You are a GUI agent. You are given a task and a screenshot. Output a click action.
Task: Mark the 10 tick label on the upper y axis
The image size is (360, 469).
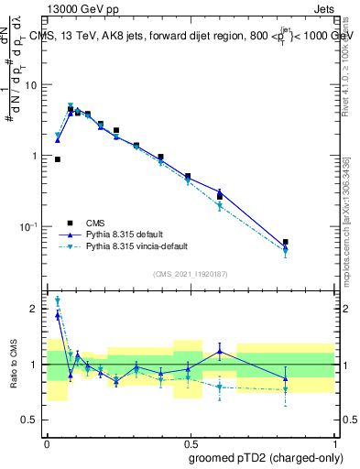[x=32, y=85]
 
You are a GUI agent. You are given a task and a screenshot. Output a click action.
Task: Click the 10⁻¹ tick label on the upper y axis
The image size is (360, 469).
[x=29, y=226]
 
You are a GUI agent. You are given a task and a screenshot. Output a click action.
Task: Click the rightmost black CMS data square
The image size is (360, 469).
[x=286, y=243]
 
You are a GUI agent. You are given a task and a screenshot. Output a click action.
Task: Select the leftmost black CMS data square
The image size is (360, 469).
[x=58, y=159]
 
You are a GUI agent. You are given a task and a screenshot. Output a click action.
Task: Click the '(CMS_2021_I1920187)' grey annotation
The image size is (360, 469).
[x=190, y=274]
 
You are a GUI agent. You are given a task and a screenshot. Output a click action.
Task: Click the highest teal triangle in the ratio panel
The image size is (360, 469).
[x=58, y=300]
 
